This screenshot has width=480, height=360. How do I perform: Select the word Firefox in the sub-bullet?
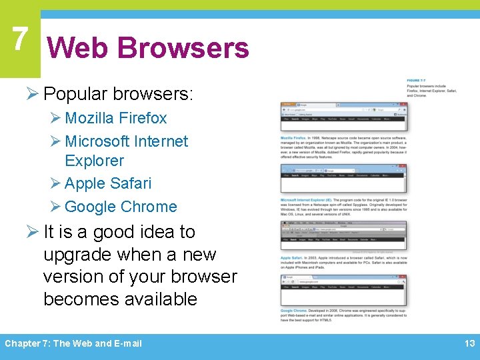[x=143, y=118]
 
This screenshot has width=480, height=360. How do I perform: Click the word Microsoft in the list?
[x=97, y=141]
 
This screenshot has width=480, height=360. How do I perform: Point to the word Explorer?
[x=94, y=161]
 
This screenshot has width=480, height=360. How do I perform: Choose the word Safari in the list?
[x=130, y=183]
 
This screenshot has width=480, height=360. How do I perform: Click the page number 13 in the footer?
[x=469, y=343]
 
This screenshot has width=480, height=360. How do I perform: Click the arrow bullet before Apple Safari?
[x=56, y=183]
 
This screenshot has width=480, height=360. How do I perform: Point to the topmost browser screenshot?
[x=343, y=116]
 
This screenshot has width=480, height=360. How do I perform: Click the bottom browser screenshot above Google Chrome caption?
[x=343, y=291]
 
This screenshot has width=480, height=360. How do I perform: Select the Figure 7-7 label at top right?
[x=415, y=81]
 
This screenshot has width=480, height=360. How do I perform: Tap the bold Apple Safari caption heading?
[x=292, y=257]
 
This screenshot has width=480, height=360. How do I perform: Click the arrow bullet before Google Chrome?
[x=56, y=207]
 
